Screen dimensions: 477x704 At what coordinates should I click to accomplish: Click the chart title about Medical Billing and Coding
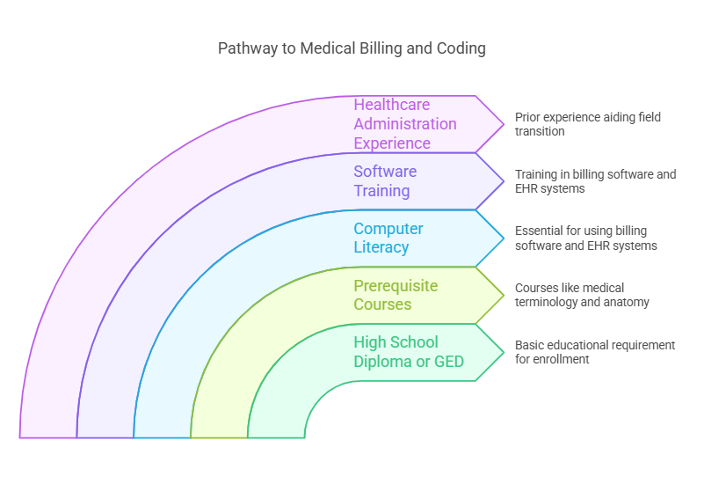click(352, 48)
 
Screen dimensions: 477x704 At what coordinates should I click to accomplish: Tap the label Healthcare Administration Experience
click(405, 124)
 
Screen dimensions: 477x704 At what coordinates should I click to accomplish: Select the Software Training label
click(385, 181)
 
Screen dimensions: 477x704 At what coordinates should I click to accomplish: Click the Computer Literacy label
click(388, 238)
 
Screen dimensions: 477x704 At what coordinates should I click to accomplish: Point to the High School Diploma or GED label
click(409, 352)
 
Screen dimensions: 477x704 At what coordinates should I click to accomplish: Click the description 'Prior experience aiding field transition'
click(587, 124)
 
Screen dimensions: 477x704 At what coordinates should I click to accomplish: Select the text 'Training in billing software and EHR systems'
click(595, 181)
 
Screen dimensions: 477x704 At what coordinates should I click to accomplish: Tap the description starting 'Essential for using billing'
click(586, 238)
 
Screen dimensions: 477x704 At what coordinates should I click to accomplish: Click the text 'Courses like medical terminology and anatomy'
click(582, 295)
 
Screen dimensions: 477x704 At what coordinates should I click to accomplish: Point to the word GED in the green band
click(449, 362)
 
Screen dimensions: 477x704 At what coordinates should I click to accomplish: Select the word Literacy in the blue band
click(381, 247)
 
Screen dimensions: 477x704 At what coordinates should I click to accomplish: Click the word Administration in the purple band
click(405, 124)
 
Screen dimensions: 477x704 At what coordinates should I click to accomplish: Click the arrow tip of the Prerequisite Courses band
click(503, 296)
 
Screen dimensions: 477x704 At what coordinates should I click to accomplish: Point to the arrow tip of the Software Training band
click(503, 181)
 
